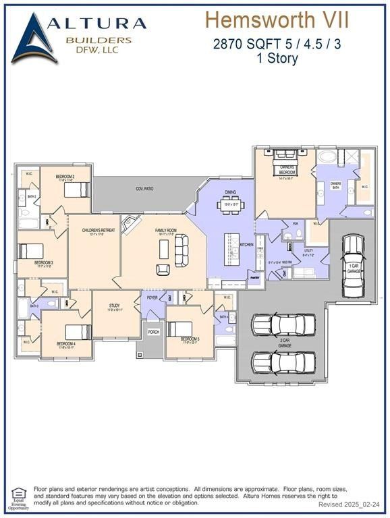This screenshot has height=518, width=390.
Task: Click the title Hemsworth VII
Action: click(277, 19)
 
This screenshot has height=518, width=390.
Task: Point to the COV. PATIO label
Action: click(144, 189)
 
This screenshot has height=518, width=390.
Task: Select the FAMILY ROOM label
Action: click(166, 231)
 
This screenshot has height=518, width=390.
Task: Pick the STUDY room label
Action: click(115, 306)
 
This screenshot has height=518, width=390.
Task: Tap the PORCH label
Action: click(154, 332)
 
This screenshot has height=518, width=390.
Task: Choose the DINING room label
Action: click(231, 192)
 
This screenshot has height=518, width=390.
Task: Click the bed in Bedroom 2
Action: click(76, 190)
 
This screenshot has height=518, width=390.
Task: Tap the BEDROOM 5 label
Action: click(190, 339)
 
